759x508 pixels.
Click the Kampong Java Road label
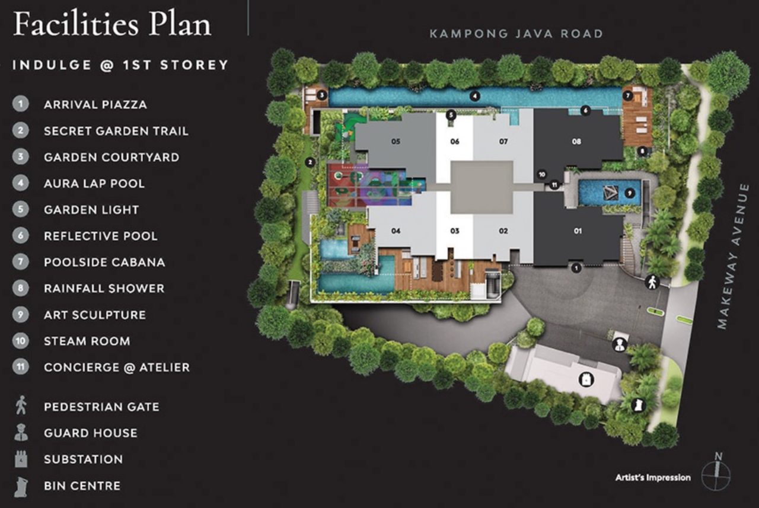(515, 34)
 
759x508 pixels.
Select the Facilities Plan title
(112, 25)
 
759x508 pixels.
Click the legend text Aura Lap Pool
(94, 183)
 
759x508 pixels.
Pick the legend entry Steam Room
(87, 341)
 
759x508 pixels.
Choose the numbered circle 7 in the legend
(21, 262)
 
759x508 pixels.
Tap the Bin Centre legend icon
(21, 485)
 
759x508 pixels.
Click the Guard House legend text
(90, 433)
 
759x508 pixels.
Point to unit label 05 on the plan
(396, 142)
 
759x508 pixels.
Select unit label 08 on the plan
(576, 142)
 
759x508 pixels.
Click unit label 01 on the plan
(578, 231)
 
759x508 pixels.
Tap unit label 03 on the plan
(454, 231)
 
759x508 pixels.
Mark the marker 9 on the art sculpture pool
(629, 193)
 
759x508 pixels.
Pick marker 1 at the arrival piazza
(575, 269)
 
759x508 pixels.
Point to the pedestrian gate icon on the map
(652, 283)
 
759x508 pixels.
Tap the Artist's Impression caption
(652, 478)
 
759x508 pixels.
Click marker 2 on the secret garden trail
(309, 162)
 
